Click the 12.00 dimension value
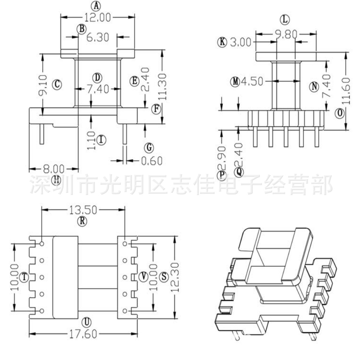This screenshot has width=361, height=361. [x=97, y=17]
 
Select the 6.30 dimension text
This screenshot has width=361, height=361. [x=97, y=37]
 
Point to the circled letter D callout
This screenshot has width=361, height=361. [x=97, y=77]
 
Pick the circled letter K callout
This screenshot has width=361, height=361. [x=222, y=42]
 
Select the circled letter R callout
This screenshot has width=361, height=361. [x=83, y=221]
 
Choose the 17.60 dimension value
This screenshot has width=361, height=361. [x=83, y=334]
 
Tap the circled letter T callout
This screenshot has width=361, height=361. [x=24, y=277]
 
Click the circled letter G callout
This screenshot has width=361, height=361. [x=148, y=148]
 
